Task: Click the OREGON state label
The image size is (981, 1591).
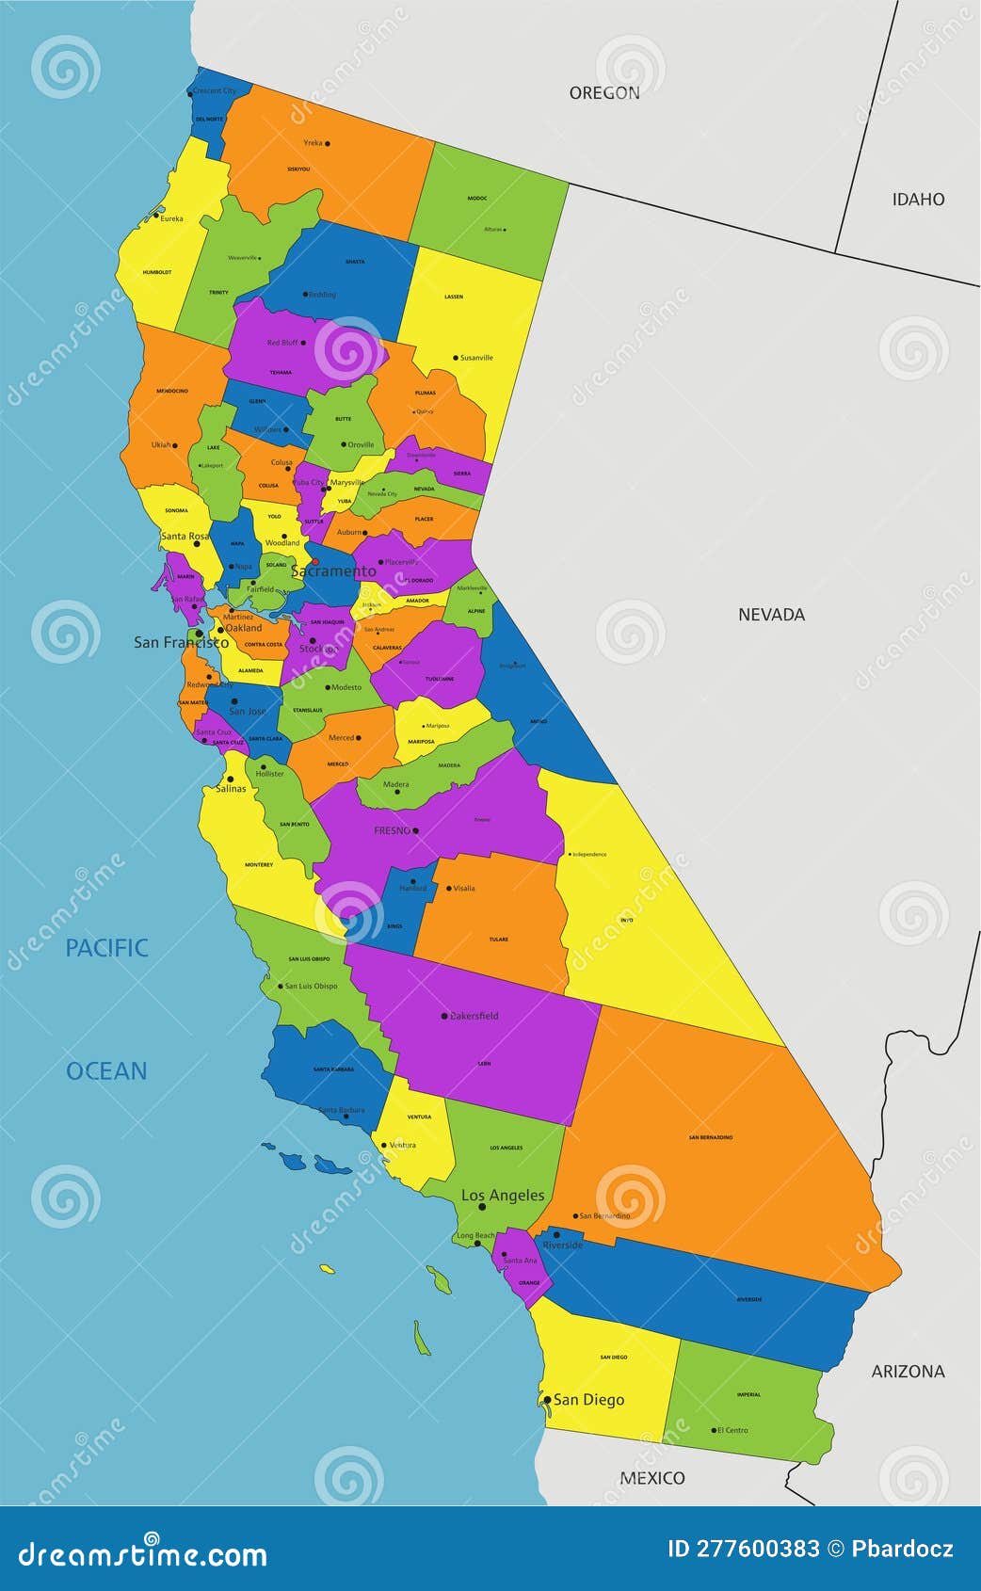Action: click(x=604, y=92)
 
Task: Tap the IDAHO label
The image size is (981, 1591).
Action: click(x=918, y=199)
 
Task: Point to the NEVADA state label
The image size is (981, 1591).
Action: click(x=771, y=615)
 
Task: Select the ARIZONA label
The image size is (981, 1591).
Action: click(x=908, y=1372)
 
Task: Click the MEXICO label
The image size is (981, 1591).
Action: click(x=652, y=1478)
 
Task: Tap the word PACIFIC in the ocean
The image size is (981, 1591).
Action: click(x=106, y=948)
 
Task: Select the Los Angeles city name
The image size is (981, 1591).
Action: click(x=503, y=1195)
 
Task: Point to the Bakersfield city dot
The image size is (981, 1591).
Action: click(x=444, y=1016)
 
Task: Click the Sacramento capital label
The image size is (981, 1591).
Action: click(x=333, y=571)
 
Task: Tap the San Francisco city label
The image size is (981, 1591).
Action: click(x=181, y=642)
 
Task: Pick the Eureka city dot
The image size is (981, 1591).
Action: click(x=156, y=216)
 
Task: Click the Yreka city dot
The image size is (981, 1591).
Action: click(x=327, y=144)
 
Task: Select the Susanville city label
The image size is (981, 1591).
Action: click(x=476, y=358)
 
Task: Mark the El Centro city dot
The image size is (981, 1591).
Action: click(x=714, y=1430)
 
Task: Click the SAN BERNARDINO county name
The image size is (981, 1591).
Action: click(x=710, y=1137)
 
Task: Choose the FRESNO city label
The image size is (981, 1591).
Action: click(x=392, y=830)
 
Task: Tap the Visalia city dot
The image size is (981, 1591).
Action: click(x=448, y=888)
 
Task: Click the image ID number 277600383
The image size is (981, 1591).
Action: click(x=744, y=1549)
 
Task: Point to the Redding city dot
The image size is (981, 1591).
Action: click(x=305, y=294)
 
